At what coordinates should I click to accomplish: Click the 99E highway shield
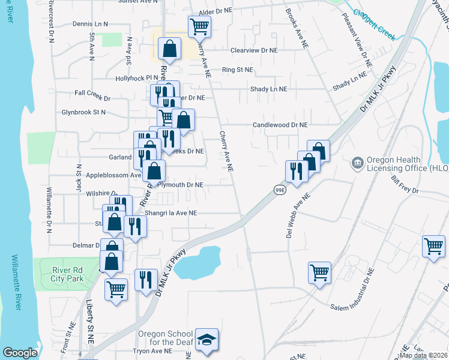(280, 190)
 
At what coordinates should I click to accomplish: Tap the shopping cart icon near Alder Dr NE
(199, 26)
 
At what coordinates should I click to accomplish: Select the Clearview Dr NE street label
(254, 51)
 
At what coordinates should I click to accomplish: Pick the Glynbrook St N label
(83, 112)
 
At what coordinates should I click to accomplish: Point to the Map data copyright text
(422, 355)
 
